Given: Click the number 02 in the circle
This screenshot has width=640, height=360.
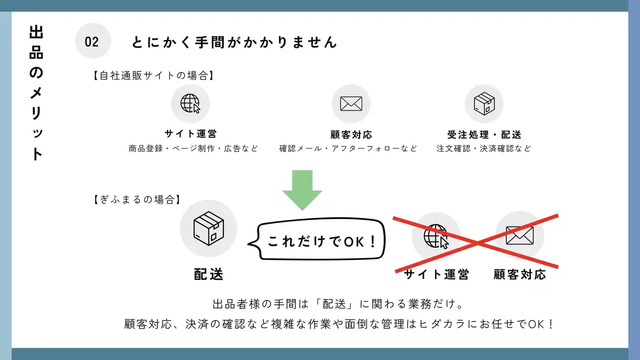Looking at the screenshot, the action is click(x=91, y=42).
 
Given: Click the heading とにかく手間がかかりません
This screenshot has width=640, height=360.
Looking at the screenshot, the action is click(x=234, y=42).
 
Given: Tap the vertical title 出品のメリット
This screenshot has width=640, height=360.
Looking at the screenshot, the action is click(x=36, y=93).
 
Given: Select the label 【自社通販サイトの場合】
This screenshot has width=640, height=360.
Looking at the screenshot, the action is click(x=153, y=75).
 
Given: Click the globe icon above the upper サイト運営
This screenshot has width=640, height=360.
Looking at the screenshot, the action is click(x=190, y=103).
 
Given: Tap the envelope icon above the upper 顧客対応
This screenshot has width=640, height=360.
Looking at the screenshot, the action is click(x=351, y=103).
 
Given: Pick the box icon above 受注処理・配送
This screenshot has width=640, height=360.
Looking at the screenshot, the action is click(x=484, y=103).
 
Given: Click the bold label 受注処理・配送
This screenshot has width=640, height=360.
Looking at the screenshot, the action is click(x=484, y=134).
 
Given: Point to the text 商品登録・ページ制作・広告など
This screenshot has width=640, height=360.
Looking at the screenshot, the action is click(x=193, y=148).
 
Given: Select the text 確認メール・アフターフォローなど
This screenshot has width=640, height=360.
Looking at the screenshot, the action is click(x=348, y=148).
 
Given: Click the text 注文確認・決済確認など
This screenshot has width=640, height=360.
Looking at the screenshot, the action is click(x=483, y=148).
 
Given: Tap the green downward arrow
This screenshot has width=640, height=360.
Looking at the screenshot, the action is click(x=302, y=190).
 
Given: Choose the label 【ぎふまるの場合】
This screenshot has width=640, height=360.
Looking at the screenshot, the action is click(x=137, y=199).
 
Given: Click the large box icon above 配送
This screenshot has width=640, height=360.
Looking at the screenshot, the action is click(x=208, y=228).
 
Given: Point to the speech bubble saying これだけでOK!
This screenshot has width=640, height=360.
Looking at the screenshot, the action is click(x=316, y=239).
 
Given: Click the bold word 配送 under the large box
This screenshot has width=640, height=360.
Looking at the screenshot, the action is click(x=208, y=274).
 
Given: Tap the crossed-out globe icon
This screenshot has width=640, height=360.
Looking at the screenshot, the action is click(x=436, y=236).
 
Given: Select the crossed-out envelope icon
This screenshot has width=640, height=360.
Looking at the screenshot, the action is click(x=519, y=235).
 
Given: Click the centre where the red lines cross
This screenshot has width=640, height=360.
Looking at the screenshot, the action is click(x=476, y=243).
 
